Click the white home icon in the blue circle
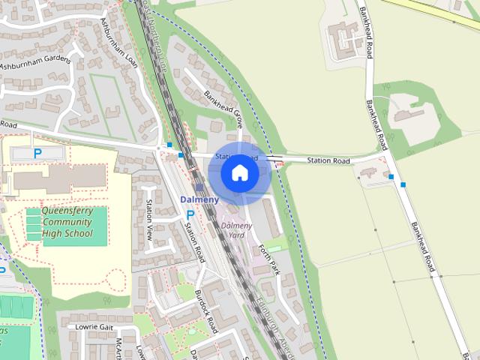coord(239,173)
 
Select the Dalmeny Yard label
coord(236,230)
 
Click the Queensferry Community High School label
coord(67,222)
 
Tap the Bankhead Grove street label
coord(223,106)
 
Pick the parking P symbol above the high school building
coord(37,154)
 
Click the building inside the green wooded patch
coord(408,116)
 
